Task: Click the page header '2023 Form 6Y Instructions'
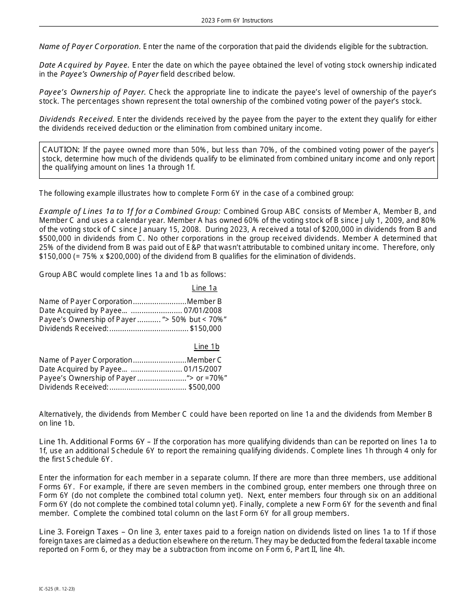(x=237, y=21)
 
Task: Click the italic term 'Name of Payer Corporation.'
(x=90, y=47)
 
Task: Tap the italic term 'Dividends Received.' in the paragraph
(x=77, y=119)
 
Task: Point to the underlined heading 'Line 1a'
(x=204, y=288)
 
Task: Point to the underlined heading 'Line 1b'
(x=206, y=347)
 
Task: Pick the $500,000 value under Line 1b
(x=204, y=387)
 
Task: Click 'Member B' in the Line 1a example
(x=204, y=301)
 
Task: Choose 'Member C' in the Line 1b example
(x=204, y=360)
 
